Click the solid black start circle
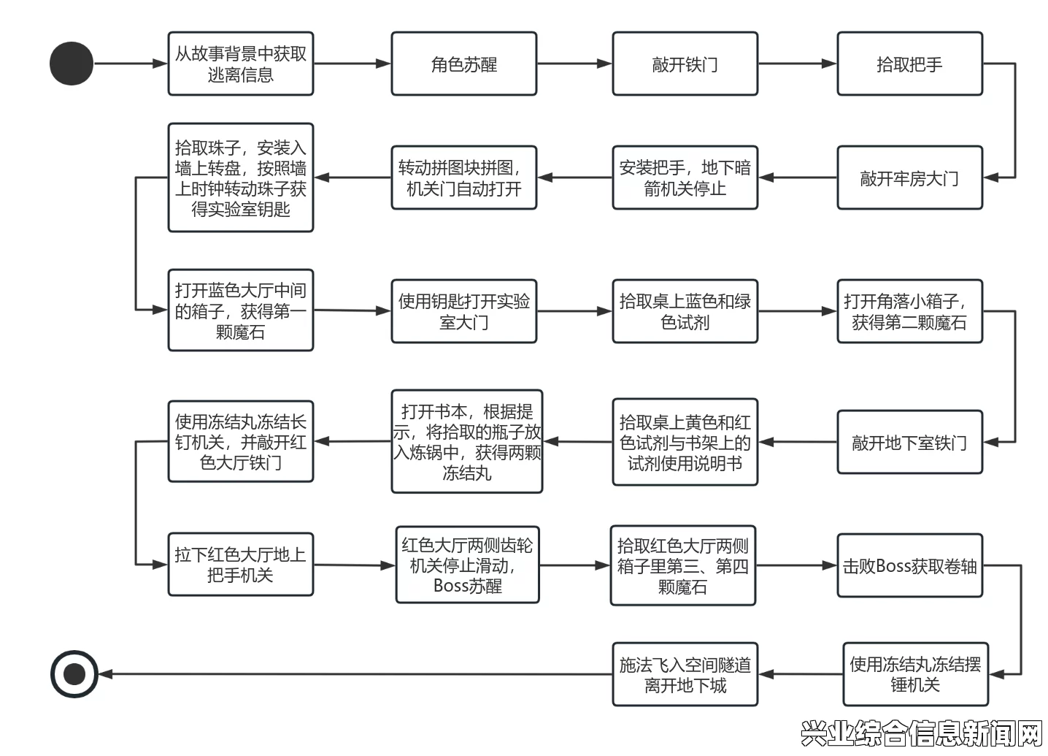[x=72, y=64]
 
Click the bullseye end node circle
[x=74, y=674]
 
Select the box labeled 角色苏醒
[x=464, y=64]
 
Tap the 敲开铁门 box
[x=685, y=64]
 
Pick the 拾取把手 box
[x=910, y=64]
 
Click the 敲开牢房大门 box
[x=910, y=177]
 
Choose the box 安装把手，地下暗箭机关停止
[x=685, y=177]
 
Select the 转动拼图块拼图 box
[x=464, y=177]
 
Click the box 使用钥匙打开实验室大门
[x=464, y=311]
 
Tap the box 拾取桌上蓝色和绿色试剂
[x=685, y=311]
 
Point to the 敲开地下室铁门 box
[x=910, y=442]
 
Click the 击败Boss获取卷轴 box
[x=910, y=565]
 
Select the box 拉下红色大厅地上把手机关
[x=241, y=565]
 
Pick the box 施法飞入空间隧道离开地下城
[x=685, y=674]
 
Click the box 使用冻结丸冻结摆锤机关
[x=916, y=674]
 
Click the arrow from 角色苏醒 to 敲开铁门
[x=574, y=64]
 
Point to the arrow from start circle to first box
[x=131, y=64]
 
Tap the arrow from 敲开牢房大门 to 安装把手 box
[x=798, y=177]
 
